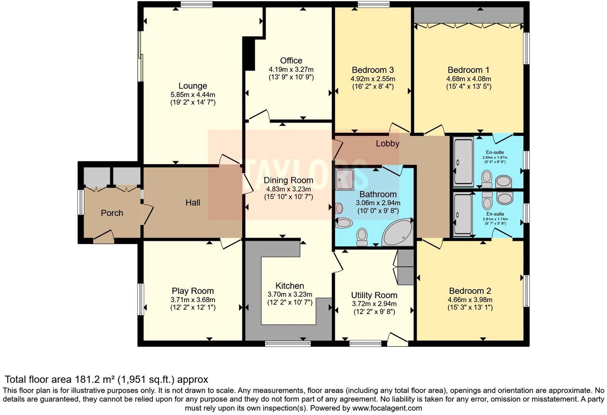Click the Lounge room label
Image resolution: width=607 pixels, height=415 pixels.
(x=192, y=86)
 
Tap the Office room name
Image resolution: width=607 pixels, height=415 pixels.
(x=291, y=61)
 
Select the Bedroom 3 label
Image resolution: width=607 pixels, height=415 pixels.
(x=373, y=70)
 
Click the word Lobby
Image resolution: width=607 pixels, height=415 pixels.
(x=387, y=144)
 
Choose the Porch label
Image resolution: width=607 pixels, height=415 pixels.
(x=112, y=213)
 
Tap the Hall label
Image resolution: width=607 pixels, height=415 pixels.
(x=193, y=203)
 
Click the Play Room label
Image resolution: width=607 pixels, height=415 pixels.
(x=192, y=291)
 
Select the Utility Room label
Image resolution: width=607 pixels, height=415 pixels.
(x=374, y=295)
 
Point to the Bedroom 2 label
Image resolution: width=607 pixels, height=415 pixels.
(x=470, y=291)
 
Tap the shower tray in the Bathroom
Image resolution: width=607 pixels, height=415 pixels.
(x=344, y=179)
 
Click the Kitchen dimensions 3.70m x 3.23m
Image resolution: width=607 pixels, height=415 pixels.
(x=290, y=294)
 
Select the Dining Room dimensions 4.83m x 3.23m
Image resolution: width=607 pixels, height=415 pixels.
(x=288, y=189)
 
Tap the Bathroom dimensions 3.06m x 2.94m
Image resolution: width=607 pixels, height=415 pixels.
(x=378, y=203)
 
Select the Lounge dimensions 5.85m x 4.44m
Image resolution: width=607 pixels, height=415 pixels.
(x=192, y=95)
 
